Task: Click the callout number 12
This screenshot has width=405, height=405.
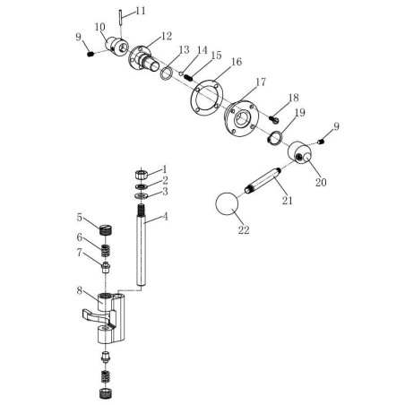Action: coord(167,36)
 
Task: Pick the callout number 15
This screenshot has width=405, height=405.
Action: coord(215,56)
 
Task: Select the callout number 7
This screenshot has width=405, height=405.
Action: coord(80,254)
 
